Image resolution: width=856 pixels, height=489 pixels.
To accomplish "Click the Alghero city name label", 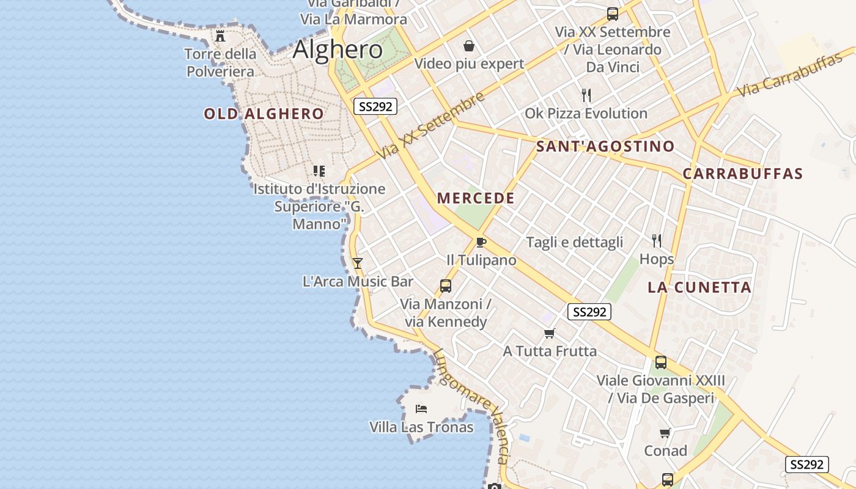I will click(338, 50).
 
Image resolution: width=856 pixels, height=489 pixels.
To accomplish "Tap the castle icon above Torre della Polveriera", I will click(220, 36).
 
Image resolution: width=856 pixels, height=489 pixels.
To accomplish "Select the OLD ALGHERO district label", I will click(264, 114).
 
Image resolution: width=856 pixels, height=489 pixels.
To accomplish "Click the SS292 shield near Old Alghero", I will click(375, 106).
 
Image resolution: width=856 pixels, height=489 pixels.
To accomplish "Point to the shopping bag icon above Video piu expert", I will click(469, 46).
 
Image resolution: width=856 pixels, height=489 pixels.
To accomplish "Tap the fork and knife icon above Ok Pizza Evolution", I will click(586, 95).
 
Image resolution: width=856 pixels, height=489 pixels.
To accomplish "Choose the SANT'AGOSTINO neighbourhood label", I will click(605, 147).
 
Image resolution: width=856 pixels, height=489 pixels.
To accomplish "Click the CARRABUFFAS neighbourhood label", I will click(742, 174).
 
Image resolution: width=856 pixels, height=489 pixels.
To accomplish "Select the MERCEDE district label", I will click(476, 198).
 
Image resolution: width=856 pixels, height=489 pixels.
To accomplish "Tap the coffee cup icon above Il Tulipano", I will click(481, 242).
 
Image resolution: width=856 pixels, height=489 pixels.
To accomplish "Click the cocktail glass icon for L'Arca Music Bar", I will click(358, 263).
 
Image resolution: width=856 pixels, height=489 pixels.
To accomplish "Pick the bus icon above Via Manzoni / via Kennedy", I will click(445, 285).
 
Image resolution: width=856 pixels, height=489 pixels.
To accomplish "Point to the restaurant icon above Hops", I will click(657, 240).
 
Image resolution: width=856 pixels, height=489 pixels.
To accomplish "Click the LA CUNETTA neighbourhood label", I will click(699, 287).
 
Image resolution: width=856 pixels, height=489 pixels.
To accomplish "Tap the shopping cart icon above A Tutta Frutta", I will click(549, 333).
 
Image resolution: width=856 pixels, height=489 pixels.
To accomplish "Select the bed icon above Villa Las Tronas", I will click(421, 408).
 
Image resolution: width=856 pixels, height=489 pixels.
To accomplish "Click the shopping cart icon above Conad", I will click(665, 433).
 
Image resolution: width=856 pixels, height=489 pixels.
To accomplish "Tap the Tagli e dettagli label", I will click(574, 242).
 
